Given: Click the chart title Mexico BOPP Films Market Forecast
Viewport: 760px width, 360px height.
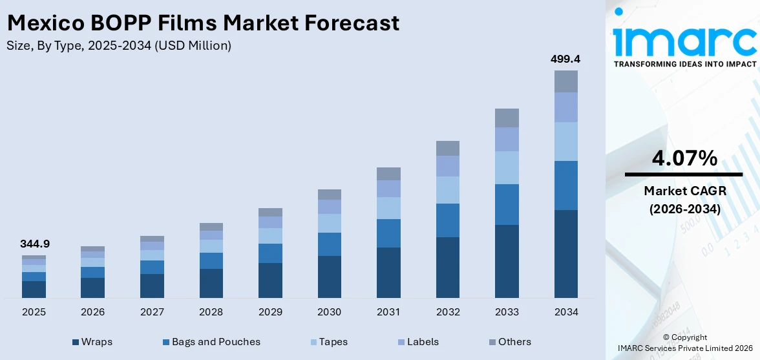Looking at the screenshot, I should click(203, 23).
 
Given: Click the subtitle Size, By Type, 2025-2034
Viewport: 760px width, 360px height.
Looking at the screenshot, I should click(118, 45).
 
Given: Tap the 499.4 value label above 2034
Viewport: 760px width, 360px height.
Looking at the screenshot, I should click(565, 59).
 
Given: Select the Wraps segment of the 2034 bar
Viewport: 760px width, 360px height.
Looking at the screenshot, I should click(565, 253).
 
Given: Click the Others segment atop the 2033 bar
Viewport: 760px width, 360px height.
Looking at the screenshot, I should click(507, 118).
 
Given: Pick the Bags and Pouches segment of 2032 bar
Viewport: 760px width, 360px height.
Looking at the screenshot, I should click(447, 220).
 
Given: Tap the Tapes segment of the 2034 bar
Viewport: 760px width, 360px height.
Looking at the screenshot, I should click(565, 142).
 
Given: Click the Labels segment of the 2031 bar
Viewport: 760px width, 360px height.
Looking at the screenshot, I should click(388, 189).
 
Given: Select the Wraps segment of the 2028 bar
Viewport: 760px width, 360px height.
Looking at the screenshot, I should click(211, 283).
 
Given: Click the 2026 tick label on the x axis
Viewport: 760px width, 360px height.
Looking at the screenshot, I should click(92, 312).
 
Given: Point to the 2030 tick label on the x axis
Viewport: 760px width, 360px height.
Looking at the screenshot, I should click(329, 312).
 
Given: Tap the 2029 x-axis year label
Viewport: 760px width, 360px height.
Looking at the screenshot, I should click(270, 312).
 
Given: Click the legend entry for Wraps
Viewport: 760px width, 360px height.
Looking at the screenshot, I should click(95, 342).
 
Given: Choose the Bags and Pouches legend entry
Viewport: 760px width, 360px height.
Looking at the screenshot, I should click(210, 342).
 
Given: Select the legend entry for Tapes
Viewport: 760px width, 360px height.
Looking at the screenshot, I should click(328, 342).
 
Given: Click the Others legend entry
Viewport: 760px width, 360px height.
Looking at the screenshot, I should click(509, 342).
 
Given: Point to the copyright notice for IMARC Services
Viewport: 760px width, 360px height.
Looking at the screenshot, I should click(684, 343).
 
